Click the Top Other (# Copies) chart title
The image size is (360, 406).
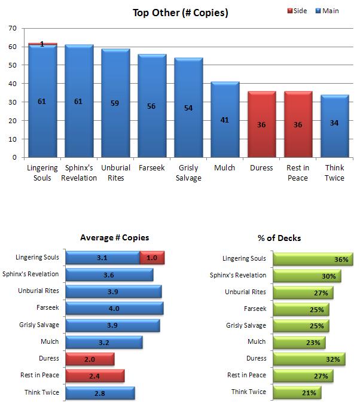(x=180, y=12)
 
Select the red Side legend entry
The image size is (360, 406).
(x=296, y=11)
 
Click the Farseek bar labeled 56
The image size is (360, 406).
(x=152, y=106)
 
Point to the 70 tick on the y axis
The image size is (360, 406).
(x=13, y=28)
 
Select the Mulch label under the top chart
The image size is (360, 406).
(x=224, y=168)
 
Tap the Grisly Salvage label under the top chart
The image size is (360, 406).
(x=188, y=173)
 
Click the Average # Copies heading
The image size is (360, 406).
(x=114, y=238)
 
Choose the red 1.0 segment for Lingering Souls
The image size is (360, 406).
(x=152, y=258)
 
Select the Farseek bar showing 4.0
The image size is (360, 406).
(x=114, y=309)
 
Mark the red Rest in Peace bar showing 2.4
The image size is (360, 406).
(x=95, y=376)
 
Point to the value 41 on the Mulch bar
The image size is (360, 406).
(x=225, y=120)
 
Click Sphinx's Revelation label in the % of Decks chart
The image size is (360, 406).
(x=237, y=275)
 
